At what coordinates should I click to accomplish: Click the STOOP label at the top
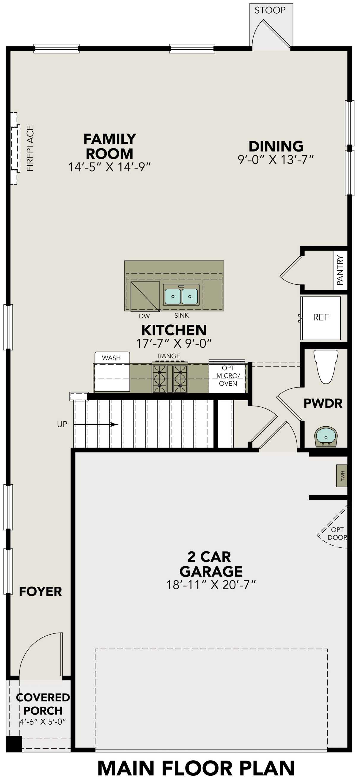[x=270, y=10]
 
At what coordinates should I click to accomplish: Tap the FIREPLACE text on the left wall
[x=30, y=148]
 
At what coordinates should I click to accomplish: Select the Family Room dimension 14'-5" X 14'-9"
[x=109, y=167]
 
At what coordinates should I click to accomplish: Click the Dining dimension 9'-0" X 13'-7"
[x=275, y=160]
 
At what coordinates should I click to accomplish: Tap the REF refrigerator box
[x=321, y=318]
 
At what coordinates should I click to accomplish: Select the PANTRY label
[x=340, y=270]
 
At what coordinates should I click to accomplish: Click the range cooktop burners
[x=169, y=379]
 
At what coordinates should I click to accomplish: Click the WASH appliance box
[x=112, y=372]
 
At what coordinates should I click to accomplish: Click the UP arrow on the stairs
[x=95, y=425]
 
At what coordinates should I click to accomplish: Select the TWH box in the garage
[x=342, y=476]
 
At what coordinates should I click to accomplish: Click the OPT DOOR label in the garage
[x=337, y=534]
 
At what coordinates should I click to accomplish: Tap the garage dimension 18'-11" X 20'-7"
[x=211, y=585]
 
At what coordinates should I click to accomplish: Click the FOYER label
[x=40, y=592]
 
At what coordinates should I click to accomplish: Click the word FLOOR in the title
[x=198, y=768]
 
